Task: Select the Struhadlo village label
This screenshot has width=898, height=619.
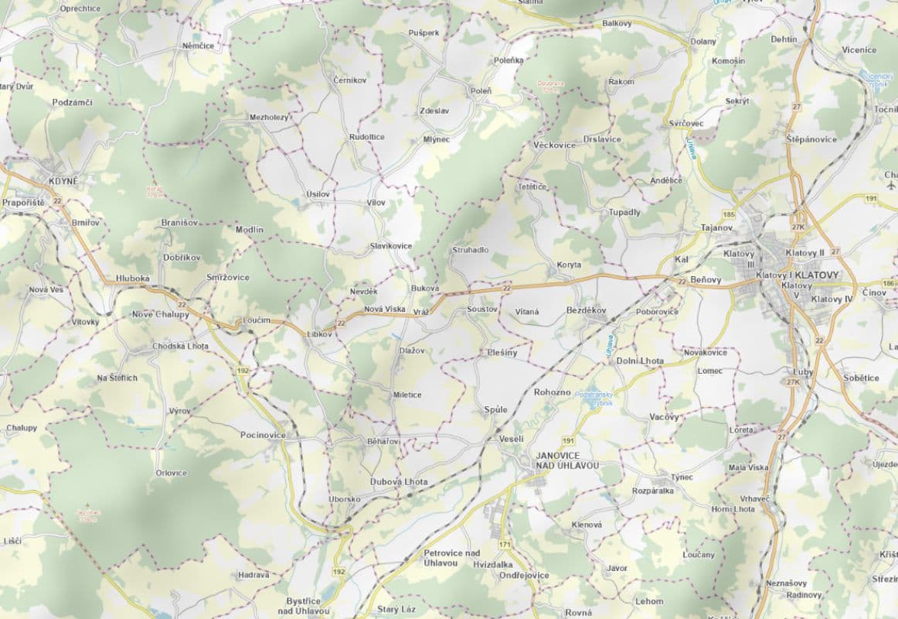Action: (x=471, y=251)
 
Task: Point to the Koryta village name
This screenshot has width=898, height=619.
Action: (x=569, y=265)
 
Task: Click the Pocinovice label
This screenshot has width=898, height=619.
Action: (x=263, y=436)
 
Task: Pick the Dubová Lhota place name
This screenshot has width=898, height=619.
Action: (x=399, y=481)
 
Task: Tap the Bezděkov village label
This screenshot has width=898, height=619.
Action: (x=587, y=309)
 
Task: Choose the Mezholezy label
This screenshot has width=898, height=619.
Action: (x=269, y=118)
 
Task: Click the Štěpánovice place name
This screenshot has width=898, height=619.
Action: (x=811, y=139)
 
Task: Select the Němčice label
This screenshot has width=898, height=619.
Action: (x=198, y=46)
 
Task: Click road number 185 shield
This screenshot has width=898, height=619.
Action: (x=728, y=213)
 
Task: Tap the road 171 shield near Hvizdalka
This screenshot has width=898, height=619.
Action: (x=505, y=546)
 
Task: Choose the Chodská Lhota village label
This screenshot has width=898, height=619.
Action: (x=181, y=346)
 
